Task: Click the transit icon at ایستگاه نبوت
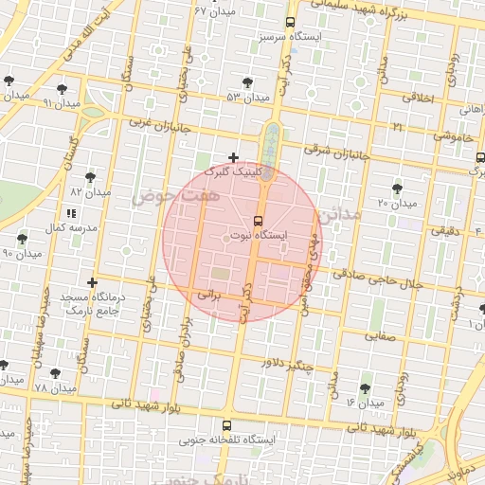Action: tap(259, 221)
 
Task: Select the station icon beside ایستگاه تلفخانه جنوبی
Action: tap(226, 426)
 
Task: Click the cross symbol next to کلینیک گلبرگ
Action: tap(234, 157)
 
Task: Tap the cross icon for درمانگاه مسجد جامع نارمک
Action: tap(92, 282)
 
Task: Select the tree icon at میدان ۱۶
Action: tap(366, 388)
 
